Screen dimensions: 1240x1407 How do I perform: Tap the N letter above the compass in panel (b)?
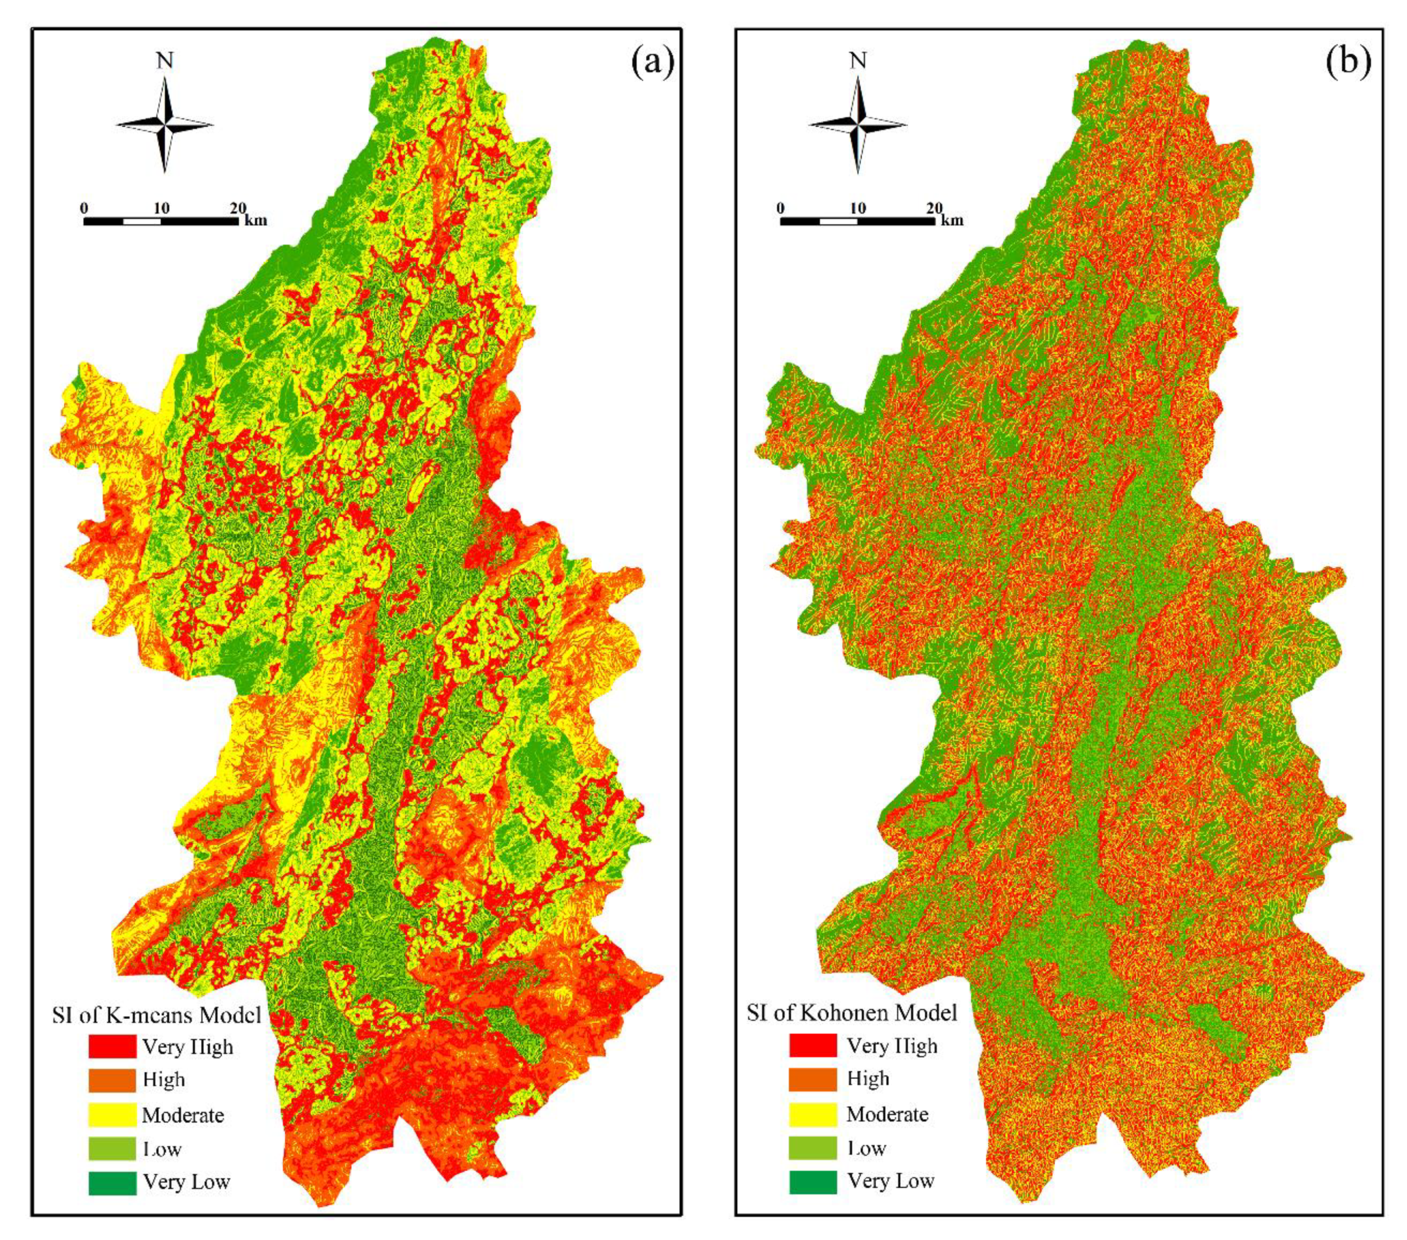[858, 61]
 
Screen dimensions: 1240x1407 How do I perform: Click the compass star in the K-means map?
[164, 125]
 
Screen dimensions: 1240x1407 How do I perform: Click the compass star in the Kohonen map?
[858, 125]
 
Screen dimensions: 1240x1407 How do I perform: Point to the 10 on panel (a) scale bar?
[161, 208]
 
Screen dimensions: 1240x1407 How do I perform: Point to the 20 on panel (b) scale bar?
[934, 208]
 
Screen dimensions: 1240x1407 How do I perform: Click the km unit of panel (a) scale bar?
[255, 221]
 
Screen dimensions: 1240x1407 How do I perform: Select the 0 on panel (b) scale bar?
[780, 208]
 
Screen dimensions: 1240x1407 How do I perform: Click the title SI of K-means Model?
[157, 1015]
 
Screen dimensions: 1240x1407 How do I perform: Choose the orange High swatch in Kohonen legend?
[813, 1079]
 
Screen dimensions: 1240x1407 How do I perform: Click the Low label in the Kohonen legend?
[866, 1148]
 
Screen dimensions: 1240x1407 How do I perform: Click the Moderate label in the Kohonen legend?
[887, 1114]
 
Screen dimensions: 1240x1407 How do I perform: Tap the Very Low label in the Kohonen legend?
[891, 1181]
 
